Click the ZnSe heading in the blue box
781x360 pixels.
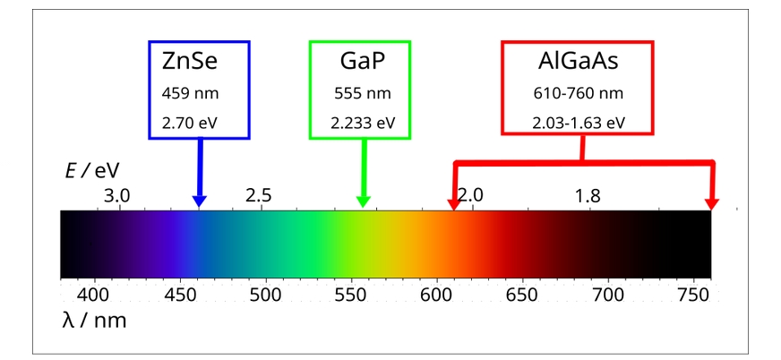tap(190, 63)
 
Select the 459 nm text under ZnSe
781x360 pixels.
tap(190, 93)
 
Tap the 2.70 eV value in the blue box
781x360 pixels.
tap(190, 123)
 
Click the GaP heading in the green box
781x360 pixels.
tap(360, 63)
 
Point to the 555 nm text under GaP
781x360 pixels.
tap(360, 93)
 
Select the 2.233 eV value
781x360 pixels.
tap(360, 123)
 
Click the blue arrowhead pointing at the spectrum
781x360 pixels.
tap(199, 200)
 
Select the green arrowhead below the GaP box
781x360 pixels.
tap(363, 200)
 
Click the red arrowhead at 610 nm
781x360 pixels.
tap(455, 201)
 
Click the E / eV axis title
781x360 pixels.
tap(92, 169)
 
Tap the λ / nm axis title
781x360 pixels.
tap(94, 320)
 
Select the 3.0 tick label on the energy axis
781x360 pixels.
tap(117, 195)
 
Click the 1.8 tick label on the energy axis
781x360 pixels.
tap(588, 195)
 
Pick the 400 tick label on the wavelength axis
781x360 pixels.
tap(94, 294)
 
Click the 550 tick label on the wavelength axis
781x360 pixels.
tap(351, 294)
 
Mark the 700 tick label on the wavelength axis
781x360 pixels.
tap(608, 294)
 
